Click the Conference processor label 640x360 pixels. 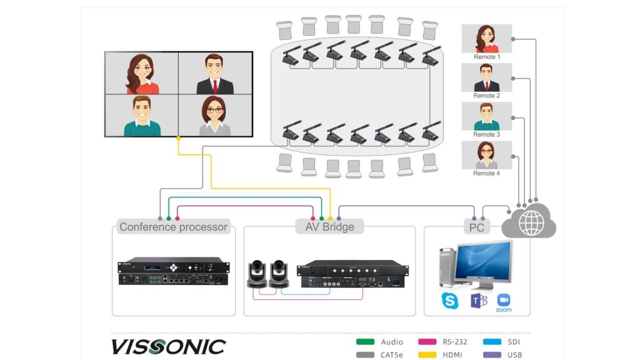173,227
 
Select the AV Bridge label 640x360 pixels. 329,227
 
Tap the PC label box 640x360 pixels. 477,227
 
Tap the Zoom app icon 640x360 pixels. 504,299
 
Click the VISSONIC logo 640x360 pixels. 168,346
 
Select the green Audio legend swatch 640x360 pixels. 365,342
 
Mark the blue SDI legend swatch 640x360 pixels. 492,342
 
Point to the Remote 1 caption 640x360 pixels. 487,57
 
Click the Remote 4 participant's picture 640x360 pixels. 486,154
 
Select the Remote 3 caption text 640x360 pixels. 487,134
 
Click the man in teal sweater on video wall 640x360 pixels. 142,115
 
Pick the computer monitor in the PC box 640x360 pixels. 483,263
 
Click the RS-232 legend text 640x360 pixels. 456,342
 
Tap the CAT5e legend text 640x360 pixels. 392,355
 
